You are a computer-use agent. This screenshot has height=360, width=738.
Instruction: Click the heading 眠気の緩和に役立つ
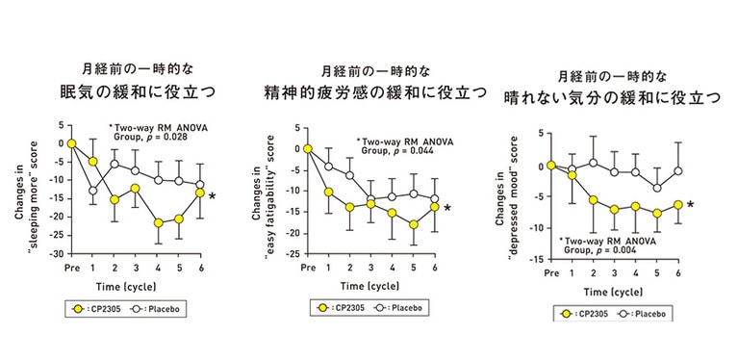click(135, 93)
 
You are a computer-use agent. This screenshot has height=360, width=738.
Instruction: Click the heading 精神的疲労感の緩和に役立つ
click(369, 93)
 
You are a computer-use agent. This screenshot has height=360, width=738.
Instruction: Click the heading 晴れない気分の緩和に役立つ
click(613, 98)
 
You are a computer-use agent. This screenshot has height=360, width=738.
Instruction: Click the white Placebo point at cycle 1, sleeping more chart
click(92, 191)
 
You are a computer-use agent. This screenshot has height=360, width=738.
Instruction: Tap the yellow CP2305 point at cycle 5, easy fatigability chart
click(413, 224)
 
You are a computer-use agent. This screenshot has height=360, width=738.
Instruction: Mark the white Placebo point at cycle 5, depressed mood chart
click(657, 188)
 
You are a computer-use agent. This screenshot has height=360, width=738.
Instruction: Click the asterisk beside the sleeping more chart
click(212, 197)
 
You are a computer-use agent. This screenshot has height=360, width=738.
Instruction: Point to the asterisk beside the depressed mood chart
click(690, 205)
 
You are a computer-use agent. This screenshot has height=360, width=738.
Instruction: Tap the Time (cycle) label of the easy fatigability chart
click(371, 287)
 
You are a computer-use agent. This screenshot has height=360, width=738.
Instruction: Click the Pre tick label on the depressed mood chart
click(551, 272)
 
